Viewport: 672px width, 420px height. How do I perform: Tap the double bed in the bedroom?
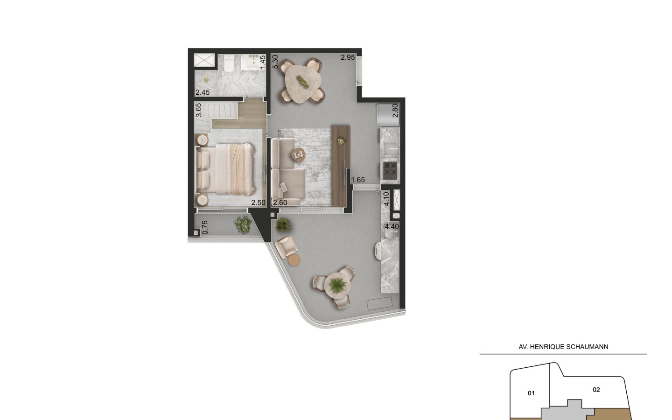click(x=225, y=169)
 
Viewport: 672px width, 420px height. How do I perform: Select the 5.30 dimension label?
click(x=275, y=62)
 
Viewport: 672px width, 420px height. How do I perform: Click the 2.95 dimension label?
click(x=348, y=57)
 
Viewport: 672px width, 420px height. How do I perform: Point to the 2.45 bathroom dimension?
click(x=203, y=92)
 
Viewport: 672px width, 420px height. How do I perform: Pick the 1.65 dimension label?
click(x=358, y=180)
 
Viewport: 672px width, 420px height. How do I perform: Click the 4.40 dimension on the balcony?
click(x=392, y=226)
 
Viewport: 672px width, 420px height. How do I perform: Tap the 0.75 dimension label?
click(x=205, y=227)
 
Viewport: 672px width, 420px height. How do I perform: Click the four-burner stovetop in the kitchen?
click(x=390, y=170)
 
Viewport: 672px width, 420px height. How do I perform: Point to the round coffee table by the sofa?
click(x=298, y=155)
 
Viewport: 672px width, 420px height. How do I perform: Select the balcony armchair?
click(x=286, y=246)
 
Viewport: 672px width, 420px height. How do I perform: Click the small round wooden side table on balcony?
click(x=294, y=260)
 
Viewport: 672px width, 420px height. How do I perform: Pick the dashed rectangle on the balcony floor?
click(x=379, y=303)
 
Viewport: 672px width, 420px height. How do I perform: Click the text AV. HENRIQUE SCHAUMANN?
click(x=563, y=347)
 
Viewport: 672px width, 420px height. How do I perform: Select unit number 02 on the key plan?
click(x=596, y=390)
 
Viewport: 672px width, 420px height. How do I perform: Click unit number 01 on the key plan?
click(x=531, y=393)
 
